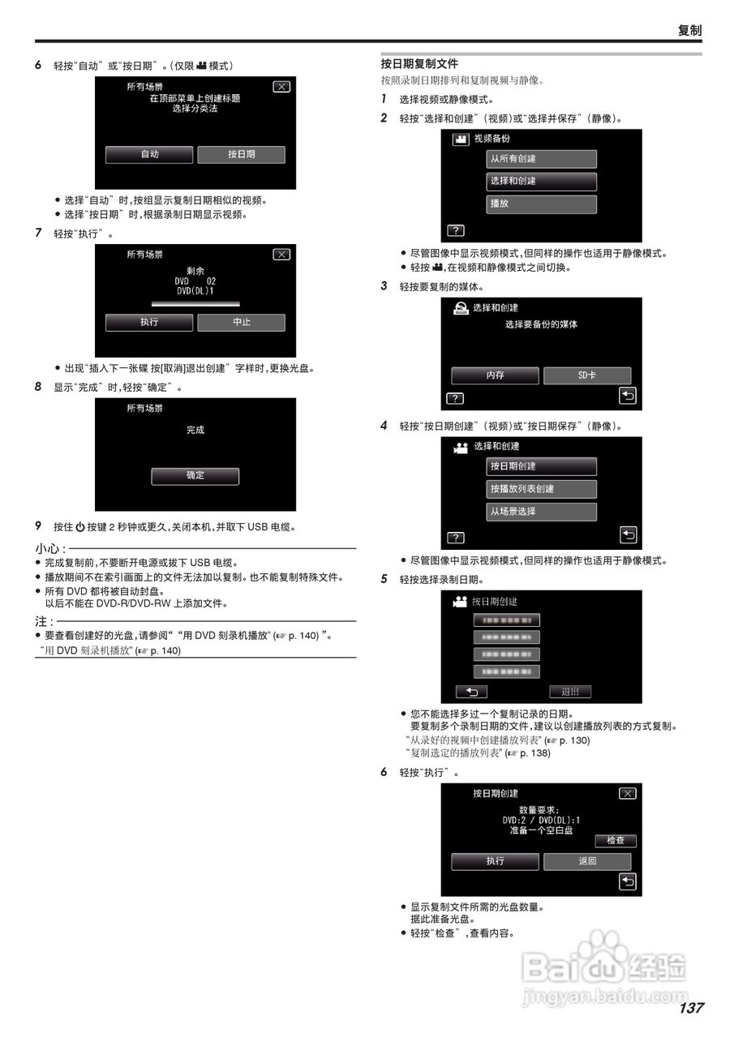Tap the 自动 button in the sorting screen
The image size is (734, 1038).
(149, 154)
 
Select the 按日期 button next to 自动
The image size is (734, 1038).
(241, 154)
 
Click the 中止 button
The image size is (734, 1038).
(241, 322)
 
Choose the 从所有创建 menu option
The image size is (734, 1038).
(541, 159)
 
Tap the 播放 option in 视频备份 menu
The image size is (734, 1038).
(541, 204)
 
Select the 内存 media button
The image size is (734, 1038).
(495, 375)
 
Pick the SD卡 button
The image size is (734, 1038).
(587, 375)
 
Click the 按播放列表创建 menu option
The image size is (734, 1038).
(541, 489)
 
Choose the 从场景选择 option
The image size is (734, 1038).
(541, 512)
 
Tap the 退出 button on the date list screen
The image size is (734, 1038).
(570, 692)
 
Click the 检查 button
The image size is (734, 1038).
(615, 841)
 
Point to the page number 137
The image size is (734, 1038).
(691, 1008)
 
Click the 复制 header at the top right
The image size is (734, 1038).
(689, 30)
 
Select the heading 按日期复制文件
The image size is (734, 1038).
(419, 63)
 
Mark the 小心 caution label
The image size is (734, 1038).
(49, 549)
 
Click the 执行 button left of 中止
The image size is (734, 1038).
(149, 322)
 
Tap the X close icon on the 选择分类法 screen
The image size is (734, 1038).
(281, 87)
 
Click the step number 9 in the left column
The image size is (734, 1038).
(38, 526)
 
